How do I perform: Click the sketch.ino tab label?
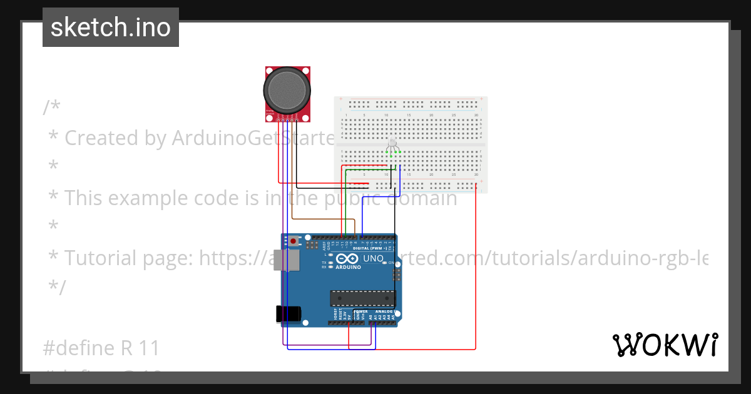[111, 28]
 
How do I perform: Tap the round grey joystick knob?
[287, 91]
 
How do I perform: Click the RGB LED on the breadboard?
[393, 143]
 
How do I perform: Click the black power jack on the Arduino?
[289, 313]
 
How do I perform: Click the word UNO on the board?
[373, 258]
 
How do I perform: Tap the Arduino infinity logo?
[347, 259]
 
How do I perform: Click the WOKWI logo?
[665, 345]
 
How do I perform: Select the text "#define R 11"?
[101, 348]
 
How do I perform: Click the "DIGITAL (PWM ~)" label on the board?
[370, 248]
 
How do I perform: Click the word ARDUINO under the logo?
[348, 267]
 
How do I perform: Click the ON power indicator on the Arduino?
[391, 263]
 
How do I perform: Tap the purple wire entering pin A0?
[370, 335]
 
